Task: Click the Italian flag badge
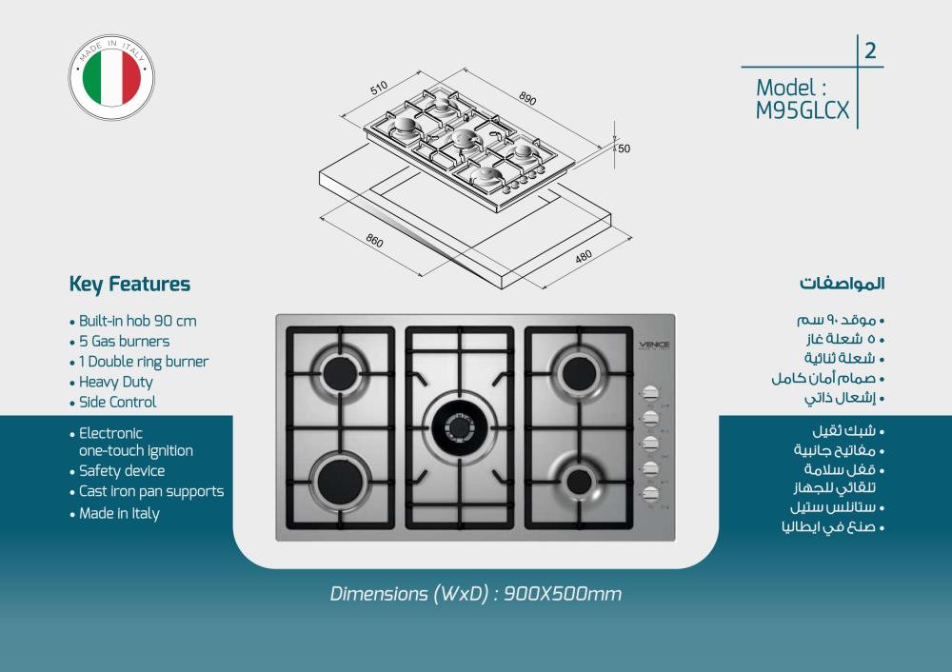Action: click(111, 78)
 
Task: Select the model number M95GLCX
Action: click(802, 110)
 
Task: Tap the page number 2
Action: click(870, 51)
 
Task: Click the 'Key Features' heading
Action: click(129, 284)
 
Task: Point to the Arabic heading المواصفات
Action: click(842, 284)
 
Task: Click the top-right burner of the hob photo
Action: click(579, 368)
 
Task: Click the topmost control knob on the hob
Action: click(652, 392)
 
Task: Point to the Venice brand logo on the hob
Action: click(653, 344)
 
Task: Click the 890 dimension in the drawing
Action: click(527, 99)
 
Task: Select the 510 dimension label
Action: click(378, 89)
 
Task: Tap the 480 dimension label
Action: click(583, 256)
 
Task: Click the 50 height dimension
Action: click(625, 148)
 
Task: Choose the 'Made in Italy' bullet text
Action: click(119, 514)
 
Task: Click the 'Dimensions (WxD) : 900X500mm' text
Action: click(475, 595)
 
